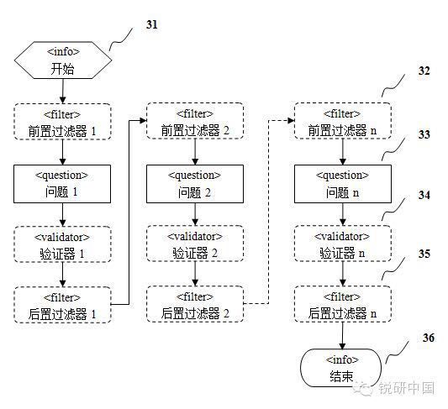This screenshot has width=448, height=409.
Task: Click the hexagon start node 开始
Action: click(x=63, y=60)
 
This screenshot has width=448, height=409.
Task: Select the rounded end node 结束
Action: click(x=341, y=368)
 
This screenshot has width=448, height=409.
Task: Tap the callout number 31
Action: click(x=151, y=24)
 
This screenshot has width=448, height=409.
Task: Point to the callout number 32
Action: click(x=424, y=71)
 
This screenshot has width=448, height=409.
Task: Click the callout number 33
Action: click(x=424, y=134)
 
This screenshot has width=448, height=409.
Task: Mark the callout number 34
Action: click(x=424, y=195)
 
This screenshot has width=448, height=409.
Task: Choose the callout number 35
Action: click(x=424, y=254)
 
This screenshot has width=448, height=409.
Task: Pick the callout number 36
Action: click(x=429, y=338)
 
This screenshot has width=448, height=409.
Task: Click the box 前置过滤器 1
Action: click(x=62, y=122)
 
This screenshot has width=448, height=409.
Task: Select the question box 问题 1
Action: click(x=62, y=184)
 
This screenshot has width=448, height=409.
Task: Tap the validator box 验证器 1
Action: click(x=62, y=244)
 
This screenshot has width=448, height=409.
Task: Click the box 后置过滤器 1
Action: click(x=62, y=305)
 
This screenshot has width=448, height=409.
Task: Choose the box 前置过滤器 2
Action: click(x=195, y=121)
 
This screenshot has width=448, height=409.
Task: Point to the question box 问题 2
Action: click(x=195, y=184)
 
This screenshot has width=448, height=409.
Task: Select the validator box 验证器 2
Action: click(x=195, y=244)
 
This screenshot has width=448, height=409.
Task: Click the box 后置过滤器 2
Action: click(x=195, y=304)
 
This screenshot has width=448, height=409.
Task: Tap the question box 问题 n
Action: click(x=343, y=184)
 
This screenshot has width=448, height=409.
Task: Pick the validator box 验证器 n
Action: click(x=343, y=244)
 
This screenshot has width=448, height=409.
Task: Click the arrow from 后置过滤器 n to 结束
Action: click(x=343, y=335)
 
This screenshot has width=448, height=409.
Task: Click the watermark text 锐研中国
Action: click(x=407, y=388)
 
